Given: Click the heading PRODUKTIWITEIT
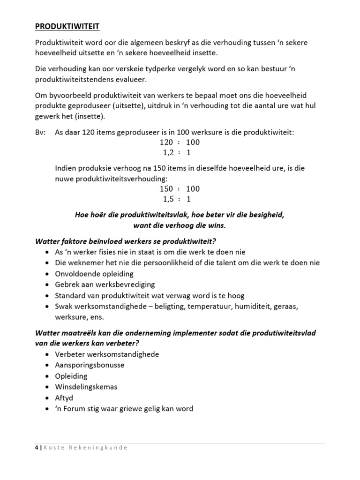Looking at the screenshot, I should tap(67, 26).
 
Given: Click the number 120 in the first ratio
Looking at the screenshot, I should tap(166, 142).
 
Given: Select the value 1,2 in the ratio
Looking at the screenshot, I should tap(168, 153).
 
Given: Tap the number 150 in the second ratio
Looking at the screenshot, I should tap(166, 189).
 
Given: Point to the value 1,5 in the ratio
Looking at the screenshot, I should tap(168, 199).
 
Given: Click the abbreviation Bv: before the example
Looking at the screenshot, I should tap(41, 133).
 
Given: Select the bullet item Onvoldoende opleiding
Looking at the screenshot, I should tap(94, 274).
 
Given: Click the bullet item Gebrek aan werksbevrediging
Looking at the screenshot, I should tap(105, 285).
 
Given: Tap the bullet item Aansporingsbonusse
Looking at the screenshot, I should tap(90, 365).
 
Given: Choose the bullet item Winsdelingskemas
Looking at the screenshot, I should tap(86, 387).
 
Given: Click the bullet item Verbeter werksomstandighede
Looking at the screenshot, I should tap(107, 354).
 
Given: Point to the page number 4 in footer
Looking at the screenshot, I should tap(37, 447).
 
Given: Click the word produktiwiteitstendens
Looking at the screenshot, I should tap(82, 80).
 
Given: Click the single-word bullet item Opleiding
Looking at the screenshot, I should tap(71, 376).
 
